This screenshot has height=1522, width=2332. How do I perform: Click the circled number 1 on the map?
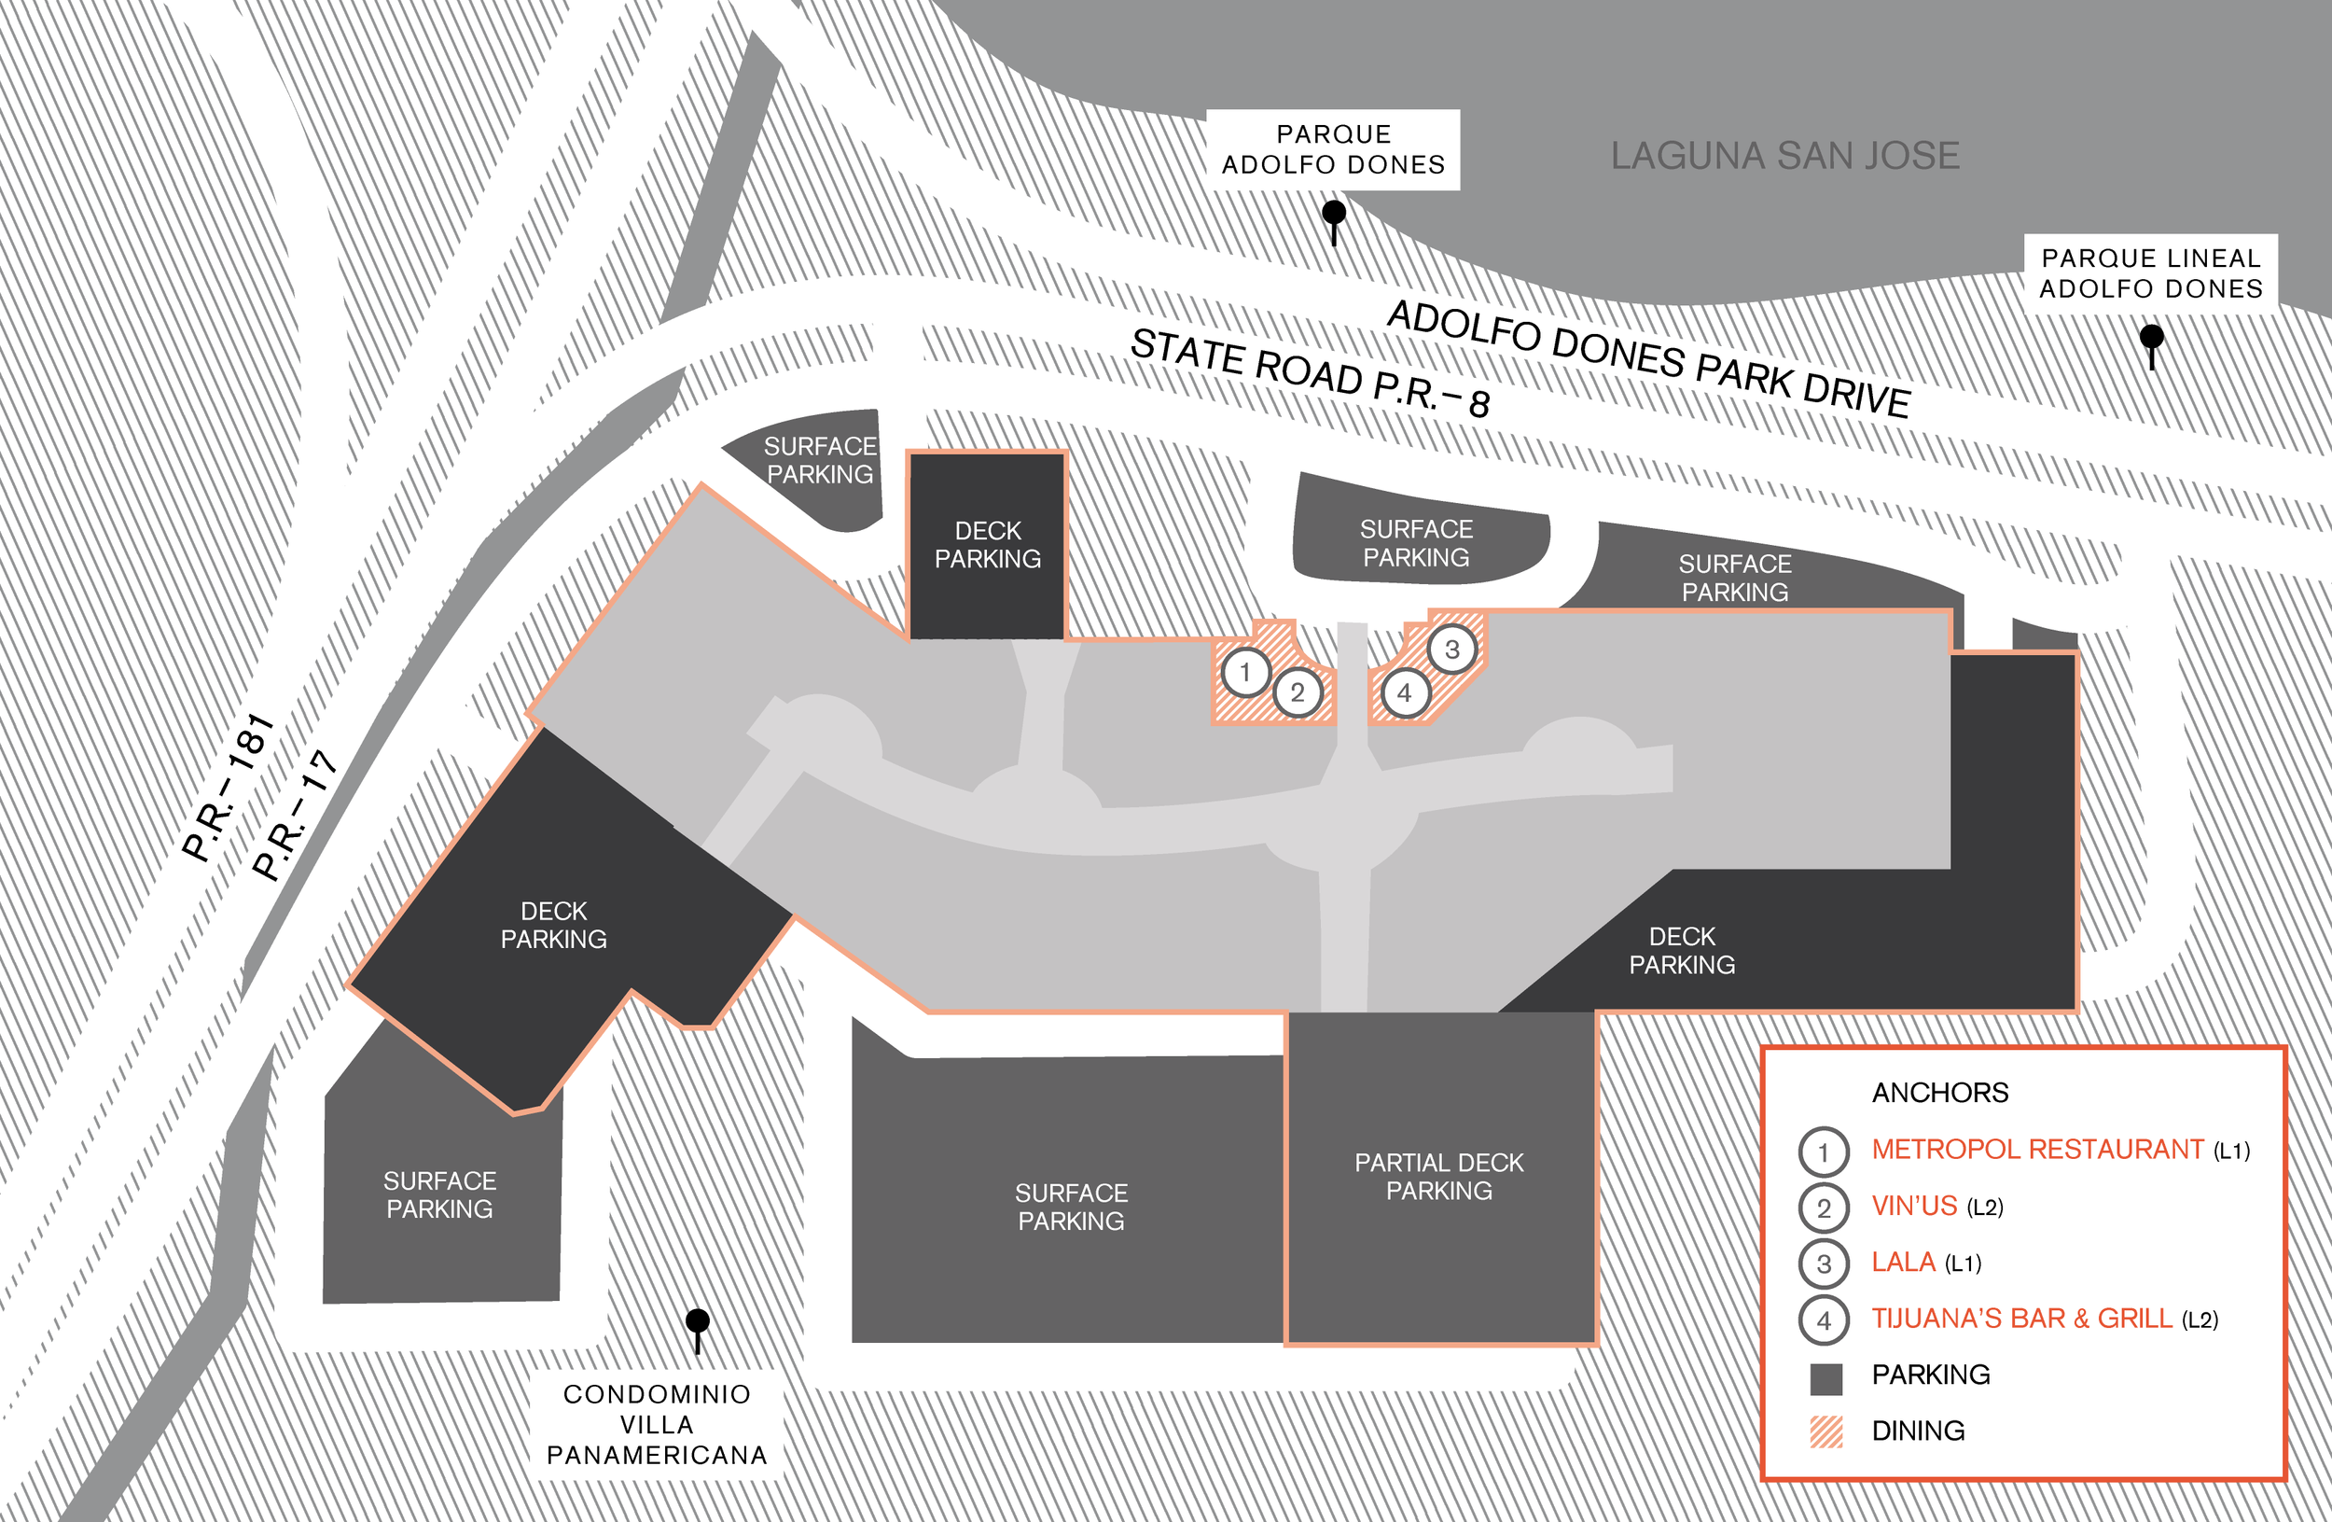tap(1245, 672)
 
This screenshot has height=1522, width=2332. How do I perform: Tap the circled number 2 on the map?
tap(1298, 693)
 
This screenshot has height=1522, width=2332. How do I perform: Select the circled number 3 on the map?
tap(1452, 649)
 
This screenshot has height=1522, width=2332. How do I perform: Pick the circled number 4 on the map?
tap(1405, 693)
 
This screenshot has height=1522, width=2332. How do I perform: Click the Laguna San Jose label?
tap(1785, 156)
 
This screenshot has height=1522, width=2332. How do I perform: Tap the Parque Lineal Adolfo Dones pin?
tap(2152, 338)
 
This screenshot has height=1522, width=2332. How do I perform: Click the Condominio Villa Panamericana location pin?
tap(698, 1322)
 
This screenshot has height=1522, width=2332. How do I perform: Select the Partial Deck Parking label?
tap(1438, 1176)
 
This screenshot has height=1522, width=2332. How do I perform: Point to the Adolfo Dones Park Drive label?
tap(1649, 358)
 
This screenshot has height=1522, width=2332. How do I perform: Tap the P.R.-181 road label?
tap(229, 788)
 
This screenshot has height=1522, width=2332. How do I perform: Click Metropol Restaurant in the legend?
tap(2037, 1149)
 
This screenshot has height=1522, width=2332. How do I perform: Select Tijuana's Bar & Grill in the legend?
tap(2021, 1319)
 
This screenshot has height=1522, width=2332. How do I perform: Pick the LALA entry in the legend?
tap(1903, 1262)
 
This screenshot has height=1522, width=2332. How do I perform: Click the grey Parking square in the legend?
tap(1826, 1379)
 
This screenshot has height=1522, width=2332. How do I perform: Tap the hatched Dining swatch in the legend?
tap(1826, 1431)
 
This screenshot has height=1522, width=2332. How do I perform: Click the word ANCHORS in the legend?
tap(1940, 1092)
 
